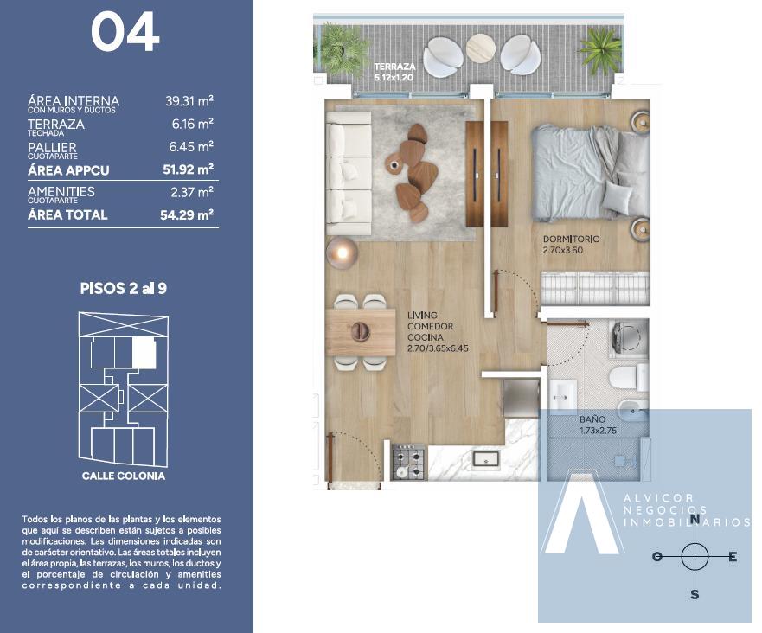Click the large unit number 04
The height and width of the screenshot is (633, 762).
(125, 32)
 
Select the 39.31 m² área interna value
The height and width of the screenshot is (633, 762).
(189, 101)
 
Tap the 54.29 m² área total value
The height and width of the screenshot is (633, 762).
(187, 214)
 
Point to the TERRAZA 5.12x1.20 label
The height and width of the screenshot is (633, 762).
(394, 72)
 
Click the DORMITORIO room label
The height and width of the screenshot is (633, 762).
(571, 239)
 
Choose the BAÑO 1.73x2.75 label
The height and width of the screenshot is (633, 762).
(598, 425)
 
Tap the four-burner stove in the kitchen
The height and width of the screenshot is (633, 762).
(408, 462)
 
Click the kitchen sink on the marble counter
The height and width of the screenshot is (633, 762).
(486, 459)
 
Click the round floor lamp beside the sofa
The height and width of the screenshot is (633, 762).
(343, 253)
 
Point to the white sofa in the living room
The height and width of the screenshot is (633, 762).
(349, 174)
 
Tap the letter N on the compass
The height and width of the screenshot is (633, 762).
(695, 519)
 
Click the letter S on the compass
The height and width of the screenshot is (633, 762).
(695, 594)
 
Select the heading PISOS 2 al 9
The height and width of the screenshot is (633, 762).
(124, 288)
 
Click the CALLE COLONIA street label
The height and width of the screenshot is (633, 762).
(124, 476)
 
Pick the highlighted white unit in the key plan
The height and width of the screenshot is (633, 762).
(144, 353)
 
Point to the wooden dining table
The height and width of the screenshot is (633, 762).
(361, 332)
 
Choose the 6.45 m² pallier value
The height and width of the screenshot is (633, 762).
(191, 147)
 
